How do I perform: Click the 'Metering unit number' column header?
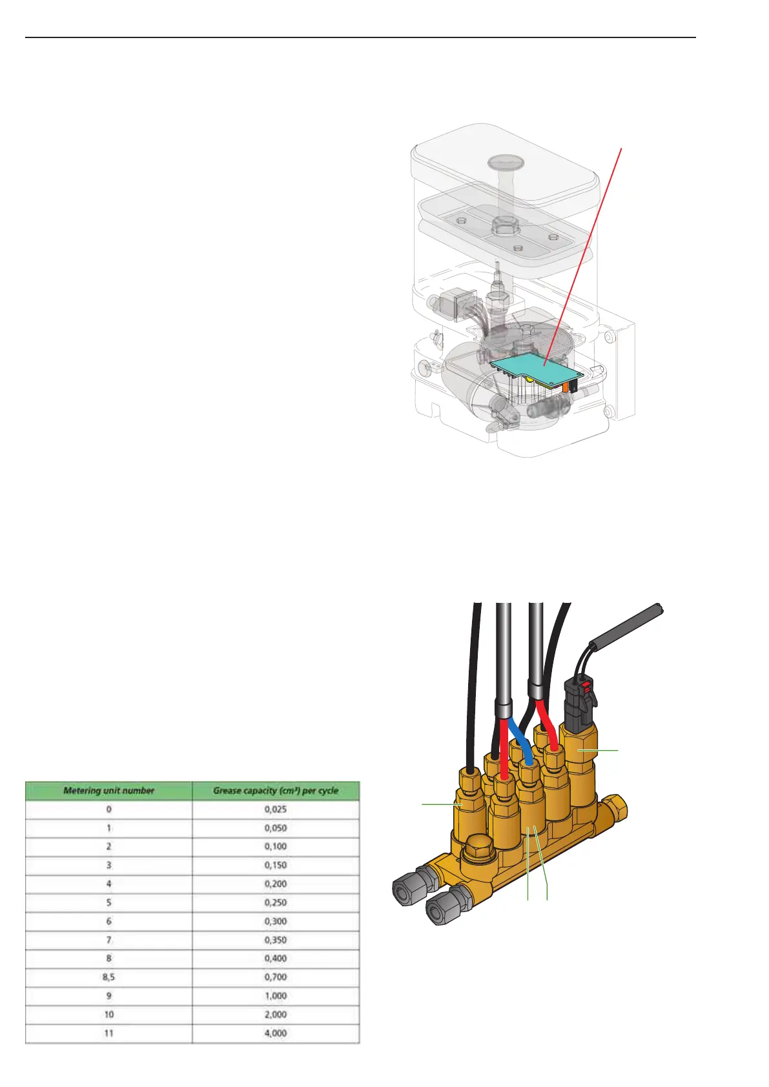[x=108, y=790]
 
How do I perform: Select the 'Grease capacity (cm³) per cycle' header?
[x=276, y=790]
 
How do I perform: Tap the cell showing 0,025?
[x=276, y=809]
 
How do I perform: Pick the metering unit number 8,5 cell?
[x=108, y=977]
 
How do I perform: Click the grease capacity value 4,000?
[x=276, y=1033]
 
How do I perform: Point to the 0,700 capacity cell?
[x=276, y=977]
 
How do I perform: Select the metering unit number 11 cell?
[x=108, y=1033]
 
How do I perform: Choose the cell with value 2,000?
[x=276, y=1014]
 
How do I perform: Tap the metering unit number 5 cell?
[x=108, y=902]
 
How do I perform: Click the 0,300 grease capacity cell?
[x=276, y=921]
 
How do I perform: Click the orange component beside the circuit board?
[x=566, y=387]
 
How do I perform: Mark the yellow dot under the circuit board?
[x=529, y=381]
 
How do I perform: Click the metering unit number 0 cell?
[x=108, y=809]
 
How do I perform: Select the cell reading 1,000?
[x=276, y=995]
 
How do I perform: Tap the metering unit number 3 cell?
[x=108, y=865]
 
